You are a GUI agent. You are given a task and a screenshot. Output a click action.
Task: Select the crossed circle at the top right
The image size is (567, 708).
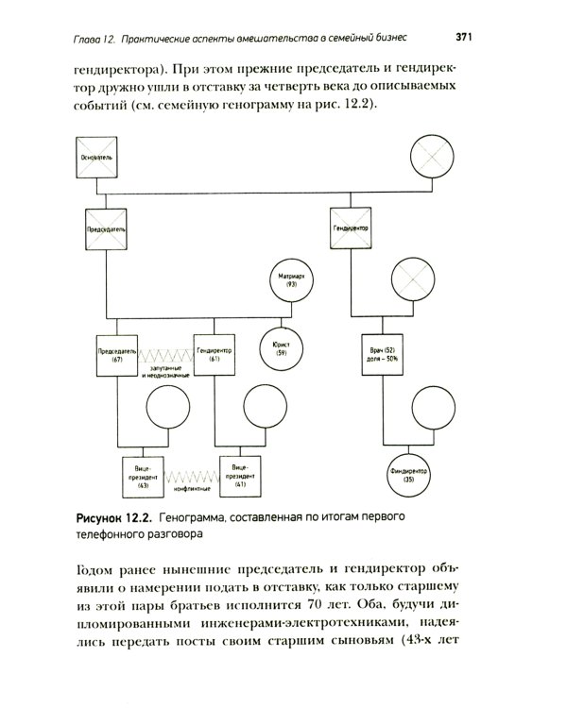coord(432,158)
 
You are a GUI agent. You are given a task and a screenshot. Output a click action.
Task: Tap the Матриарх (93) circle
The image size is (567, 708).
coord(291,280)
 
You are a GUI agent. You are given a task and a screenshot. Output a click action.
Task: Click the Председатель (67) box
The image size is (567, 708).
coord(118,355)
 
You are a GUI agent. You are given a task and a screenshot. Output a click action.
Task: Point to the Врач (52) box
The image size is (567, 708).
coord(381,355)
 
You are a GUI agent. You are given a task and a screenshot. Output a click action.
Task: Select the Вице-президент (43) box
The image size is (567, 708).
coord(145,478)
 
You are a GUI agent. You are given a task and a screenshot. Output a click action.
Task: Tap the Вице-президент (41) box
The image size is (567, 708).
coord(240,478)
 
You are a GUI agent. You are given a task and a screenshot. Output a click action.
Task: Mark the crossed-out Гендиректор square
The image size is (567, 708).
coord(352,231)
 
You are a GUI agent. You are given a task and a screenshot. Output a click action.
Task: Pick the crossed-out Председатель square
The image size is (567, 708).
coord(105,231)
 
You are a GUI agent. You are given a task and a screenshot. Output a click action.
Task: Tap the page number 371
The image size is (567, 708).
coord(463,38)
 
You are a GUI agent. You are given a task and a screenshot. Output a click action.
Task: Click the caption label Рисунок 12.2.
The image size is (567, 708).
coord(113,516)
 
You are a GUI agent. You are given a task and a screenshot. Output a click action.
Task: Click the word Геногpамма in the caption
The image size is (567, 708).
coord(193,516)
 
